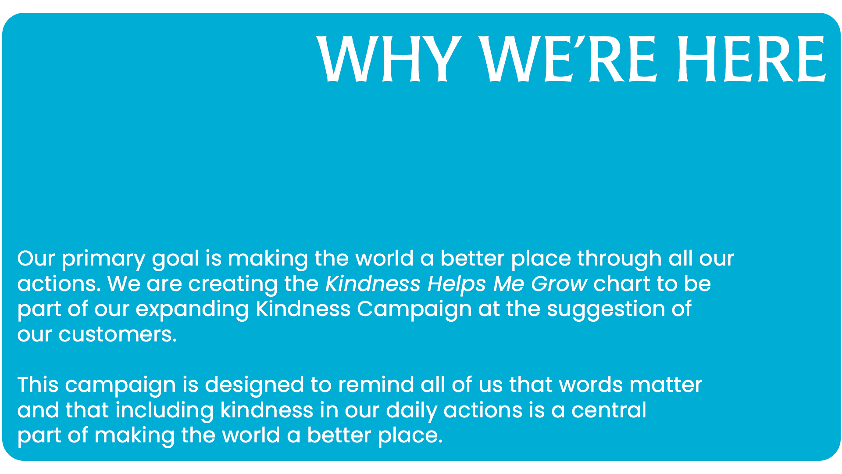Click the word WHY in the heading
[389, 59]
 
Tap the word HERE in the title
[751, 59]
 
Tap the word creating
[233, 285]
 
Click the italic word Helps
[457, 284]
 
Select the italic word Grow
[559, 284]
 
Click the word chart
[622, 284]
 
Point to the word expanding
[192, 310]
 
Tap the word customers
[118, 335]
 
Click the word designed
[254, 386]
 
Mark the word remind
[376, 385]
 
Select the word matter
[666, 385]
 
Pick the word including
[164, 411]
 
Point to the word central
[609, 410]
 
